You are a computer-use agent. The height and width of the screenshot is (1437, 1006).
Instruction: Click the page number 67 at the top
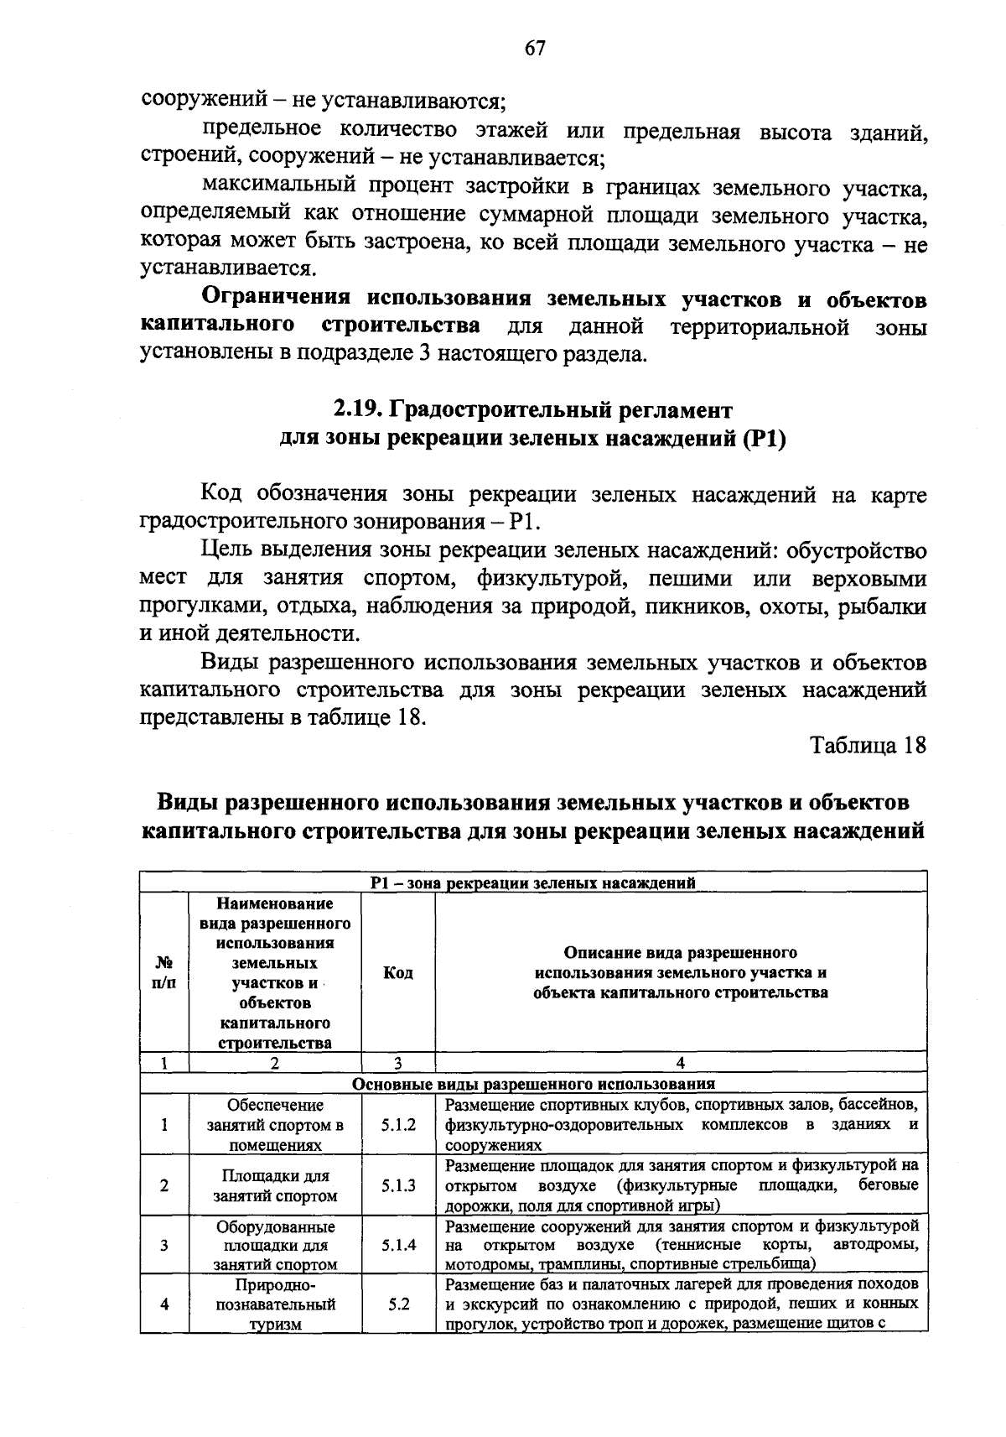(x=535, y=48)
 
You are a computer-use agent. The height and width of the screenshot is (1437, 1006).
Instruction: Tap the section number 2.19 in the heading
(x=358, y=410)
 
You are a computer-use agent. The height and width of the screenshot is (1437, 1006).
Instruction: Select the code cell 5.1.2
(x=398, y=1124)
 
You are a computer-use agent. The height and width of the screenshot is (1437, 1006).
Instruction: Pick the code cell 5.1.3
(x=398, y=1185)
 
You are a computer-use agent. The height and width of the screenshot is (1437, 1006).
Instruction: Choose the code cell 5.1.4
(x=398, y=1245)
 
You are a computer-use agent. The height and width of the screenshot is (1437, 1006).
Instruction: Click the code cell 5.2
(x=398, y=1304)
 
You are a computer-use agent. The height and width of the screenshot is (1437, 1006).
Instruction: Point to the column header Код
(x=398, y=972)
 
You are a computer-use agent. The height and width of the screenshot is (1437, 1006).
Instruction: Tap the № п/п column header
(x=164, y=972)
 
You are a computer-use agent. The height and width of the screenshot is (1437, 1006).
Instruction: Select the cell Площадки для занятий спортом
(x=275, y=1185)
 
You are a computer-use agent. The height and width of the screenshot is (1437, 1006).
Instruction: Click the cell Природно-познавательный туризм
(x=275, y=1304)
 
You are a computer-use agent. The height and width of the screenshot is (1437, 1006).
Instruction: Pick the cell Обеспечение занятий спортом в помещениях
(x=275, y=1124)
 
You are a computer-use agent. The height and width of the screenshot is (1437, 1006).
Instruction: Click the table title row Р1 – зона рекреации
(x=533, y=882)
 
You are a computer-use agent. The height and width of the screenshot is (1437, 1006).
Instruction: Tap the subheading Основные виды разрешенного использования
(x=533, y=1083)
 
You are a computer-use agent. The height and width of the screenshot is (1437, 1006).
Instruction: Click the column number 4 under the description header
(x=680, y=1063)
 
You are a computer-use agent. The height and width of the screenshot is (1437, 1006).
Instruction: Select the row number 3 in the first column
(x=164, y=1245)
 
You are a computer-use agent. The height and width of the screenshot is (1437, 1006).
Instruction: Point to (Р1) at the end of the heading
(x=763, y=439)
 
